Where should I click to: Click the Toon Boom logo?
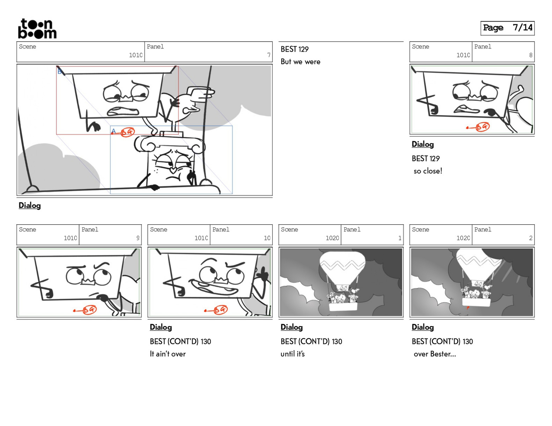pyautogui.click(x=37, y=29)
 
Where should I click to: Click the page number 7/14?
pyautogui.click(x=522, y=28)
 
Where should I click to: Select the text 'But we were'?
pyautogui.click(x=300, y=62)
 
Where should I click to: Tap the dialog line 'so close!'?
pyautogui.click(x=428, y=171)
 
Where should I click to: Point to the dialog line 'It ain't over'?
pyautogui.click(x=168, y=354)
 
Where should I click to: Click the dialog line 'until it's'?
pyautogui.click(x=292, y=354)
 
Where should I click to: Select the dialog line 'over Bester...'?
pyautogui.click(x=435, y=354)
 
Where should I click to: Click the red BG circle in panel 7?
pyautogui.click(x=127, y=132)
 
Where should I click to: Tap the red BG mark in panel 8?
pyautogui.click(x=483, y=127)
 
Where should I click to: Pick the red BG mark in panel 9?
pyautogui.click(x=90, y=309)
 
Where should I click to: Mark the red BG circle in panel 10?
pyautogui.click(x=221, y=309)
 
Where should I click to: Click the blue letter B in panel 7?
pyautogui.click(x=60, y=72)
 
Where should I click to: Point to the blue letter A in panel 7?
pyautogui.click(x=113, y=131)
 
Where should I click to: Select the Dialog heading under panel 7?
pyautogui.click(x=30, y=205)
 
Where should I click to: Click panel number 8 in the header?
pyautogui.click(x=531, y=55)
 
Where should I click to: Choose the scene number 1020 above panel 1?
pyautogui.click(x=332, y=238)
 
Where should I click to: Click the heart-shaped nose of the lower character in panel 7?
pyautogui.click(x=173, y=169)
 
